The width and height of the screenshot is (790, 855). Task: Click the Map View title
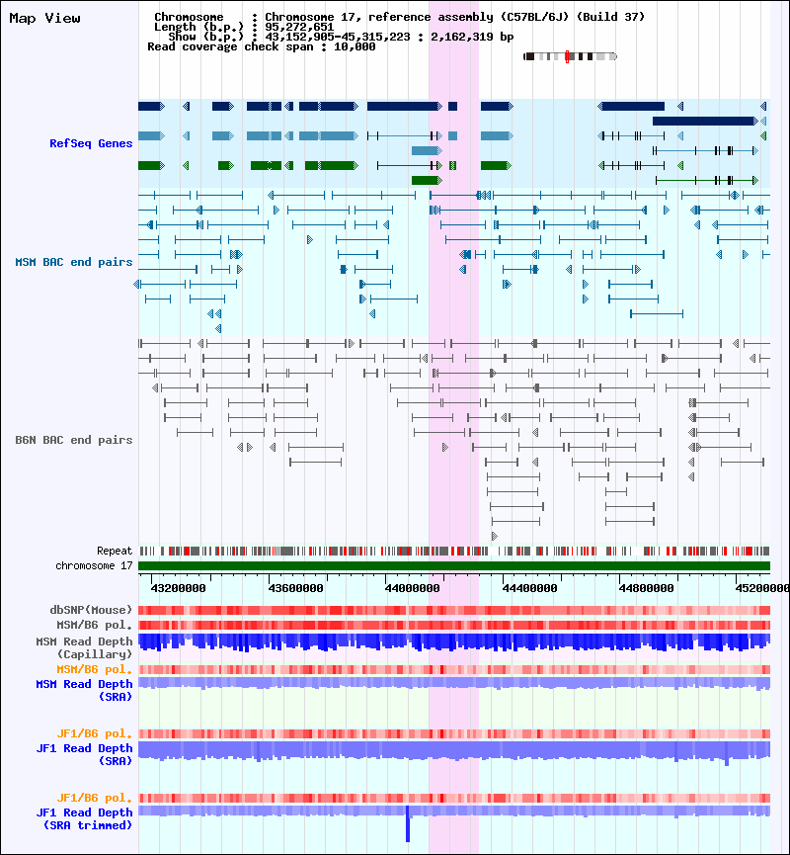(x=44, y=19)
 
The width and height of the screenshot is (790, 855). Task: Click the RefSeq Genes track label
(x=91, y=143)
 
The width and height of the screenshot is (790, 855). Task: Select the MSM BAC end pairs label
(x=73, y=262)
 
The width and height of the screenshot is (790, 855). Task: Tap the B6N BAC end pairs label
(x=73, y=440)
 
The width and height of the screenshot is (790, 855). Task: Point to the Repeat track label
(x=115, y=551)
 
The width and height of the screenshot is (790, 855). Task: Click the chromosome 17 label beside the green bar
(x=94, y=565)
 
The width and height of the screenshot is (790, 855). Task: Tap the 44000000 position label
(x=412, y=588)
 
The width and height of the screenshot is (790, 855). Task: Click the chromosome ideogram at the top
(x=570, y=56)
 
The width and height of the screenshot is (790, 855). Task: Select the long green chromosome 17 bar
(x=453, y=565)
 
